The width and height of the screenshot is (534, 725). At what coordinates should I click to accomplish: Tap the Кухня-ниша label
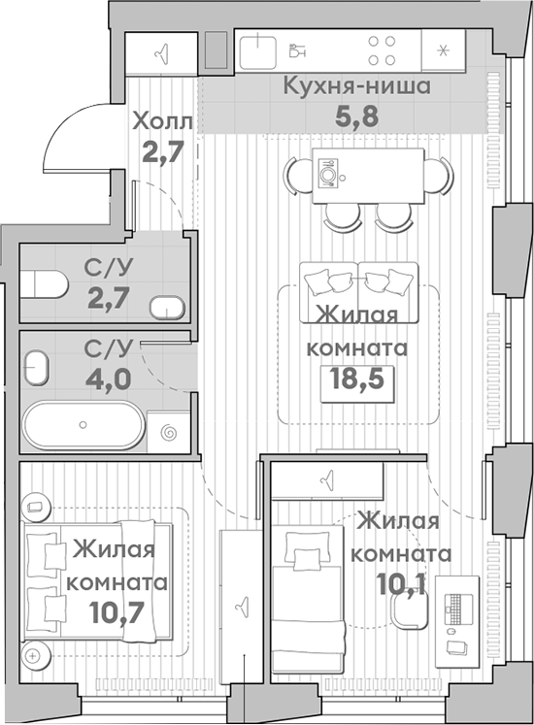pos(355,86)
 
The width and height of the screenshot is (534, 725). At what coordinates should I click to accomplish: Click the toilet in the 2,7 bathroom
pos(45,283)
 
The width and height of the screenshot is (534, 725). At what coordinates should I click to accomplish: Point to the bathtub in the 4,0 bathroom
pos(83,426)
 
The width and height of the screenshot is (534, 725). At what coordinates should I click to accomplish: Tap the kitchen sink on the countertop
pos(258,50)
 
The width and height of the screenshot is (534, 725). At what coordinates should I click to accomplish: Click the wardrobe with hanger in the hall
pos(163,52)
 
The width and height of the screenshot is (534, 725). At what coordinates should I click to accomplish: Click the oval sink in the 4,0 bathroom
pos(37,370)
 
